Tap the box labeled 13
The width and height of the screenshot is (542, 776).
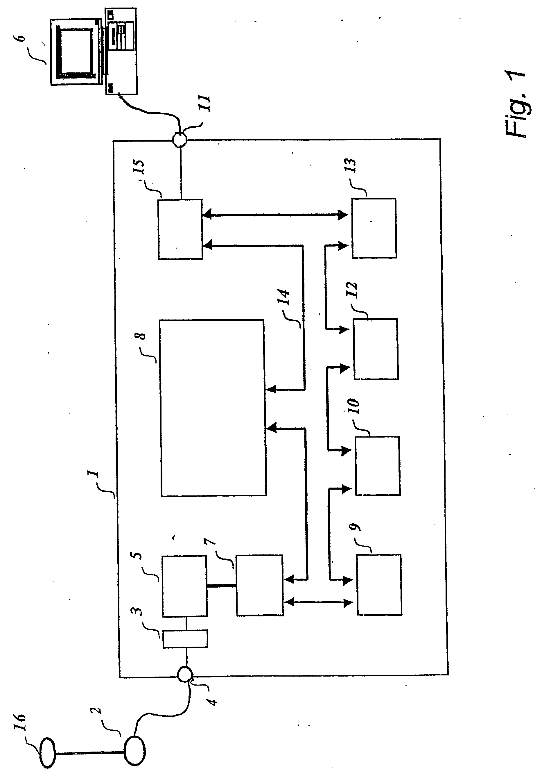coord(374,229)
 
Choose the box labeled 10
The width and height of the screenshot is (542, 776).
coord(378,466)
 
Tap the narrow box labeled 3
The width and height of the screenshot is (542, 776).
coord(185,639)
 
